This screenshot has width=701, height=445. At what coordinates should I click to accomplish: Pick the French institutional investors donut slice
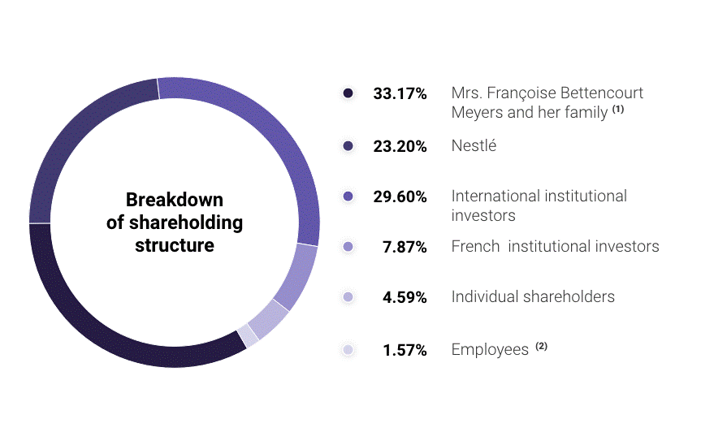297,276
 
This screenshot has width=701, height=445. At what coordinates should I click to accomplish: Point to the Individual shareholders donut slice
269,319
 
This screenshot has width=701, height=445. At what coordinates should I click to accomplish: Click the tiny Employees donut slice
248,335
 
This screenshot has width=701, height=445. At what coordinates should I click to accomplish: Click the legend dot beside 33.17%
348,93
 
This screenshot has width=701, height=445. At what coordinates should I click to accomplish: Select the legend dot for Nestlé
348,145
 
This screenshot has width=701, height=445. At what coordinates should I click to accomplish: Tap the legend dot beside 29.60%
348,197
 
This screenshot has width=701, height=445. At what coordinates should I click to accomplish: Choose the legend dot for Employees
348,349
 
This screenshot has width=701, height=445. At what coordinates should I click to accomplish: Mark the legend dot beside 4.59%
348,296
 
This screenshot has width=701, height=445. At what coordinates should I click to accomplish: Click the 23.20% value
400,146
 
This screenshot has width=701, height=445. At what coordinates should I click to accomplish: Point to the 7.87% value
405,247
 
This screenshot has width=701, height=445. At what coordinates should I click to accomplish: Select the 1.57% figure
405,350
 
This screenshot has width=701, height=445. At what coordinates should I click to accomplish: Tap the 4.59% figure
405,297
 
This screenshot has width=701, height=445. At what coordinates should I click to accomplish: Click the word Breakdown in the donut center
175,200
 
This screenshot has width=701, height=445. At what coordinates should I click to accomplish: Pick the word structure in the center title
175,245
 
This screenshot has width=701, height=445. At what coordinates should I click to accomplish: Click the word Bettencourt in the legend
601,93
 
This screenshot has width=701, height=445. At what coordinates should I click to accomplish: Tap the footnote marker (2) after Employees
542,346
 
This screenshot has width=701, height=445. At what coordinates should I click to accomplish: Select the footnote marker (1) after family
618,109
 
